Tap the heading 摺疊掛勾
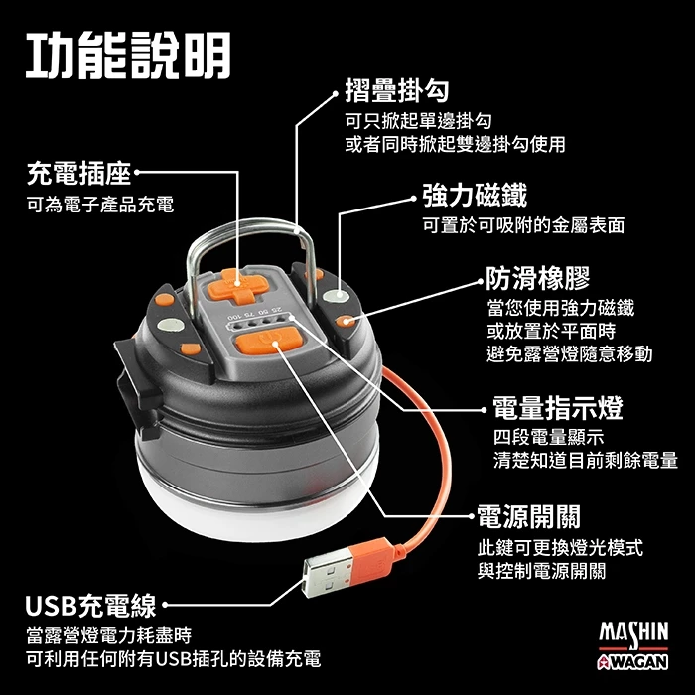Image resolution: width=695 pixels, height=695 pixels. [395, 92]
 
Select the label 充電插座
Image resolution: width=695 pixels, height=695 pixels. [77, 176]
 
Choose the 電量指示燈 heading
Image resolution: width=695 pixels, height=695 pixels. [558, 407]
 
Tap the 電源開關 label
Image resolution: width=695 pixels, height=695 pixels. [528, 516]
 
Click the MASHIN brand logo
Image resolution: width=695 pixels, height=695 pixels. [633, 632]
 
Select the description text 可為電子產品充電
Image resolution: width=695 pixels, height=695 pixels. [99, 205]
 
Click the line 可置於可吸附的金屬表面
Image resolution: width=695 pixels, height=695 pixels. [523, 225]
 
